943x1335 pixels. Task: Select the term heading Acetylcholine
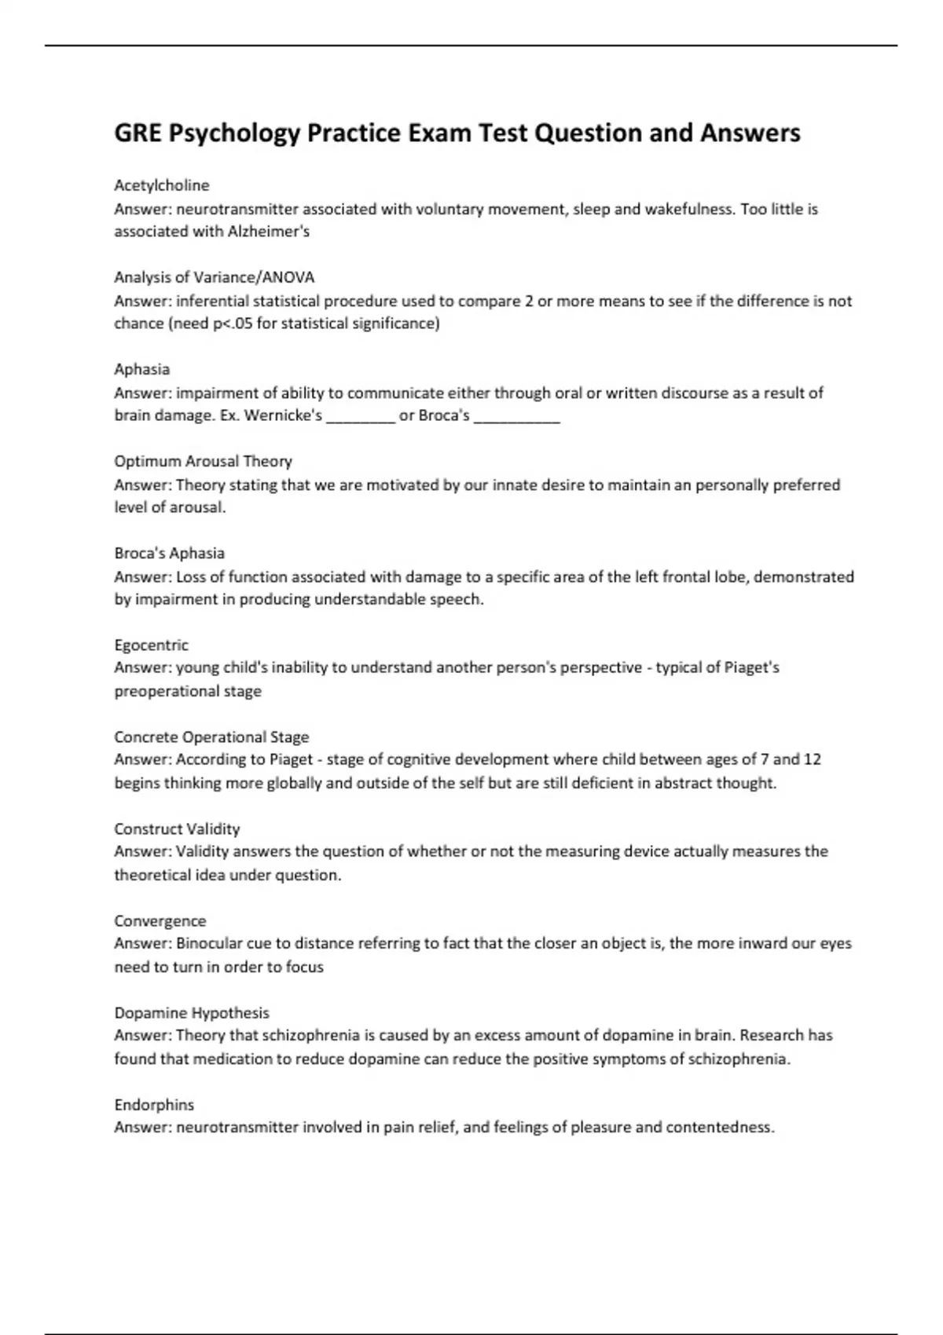click(162, 185)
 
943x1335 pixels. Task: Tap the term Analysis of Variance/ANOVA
click(215, 277)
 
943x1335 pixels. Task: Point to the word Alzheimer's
click(269, 232)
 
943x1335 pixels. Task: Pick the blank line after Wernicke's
click(360, 417)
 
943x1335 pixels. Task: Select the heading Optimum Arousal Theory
click(203, 461)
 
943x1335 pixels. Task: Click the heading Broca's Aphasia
click(170, 553)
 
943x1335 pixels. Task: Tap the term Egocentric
click(152, 645)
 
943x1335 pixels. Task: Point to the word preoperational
click(167, 692)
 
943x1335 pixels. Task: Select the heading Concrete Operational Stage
click(211, 737)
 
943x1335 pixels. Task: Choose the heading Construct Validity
click(177, 828)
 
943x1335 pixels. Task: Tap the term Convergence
click(160, 920)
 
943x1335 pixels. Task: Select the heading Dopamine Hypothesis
click(192, 1012)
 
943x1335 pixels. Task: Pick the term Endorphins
click(154, 1104)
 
